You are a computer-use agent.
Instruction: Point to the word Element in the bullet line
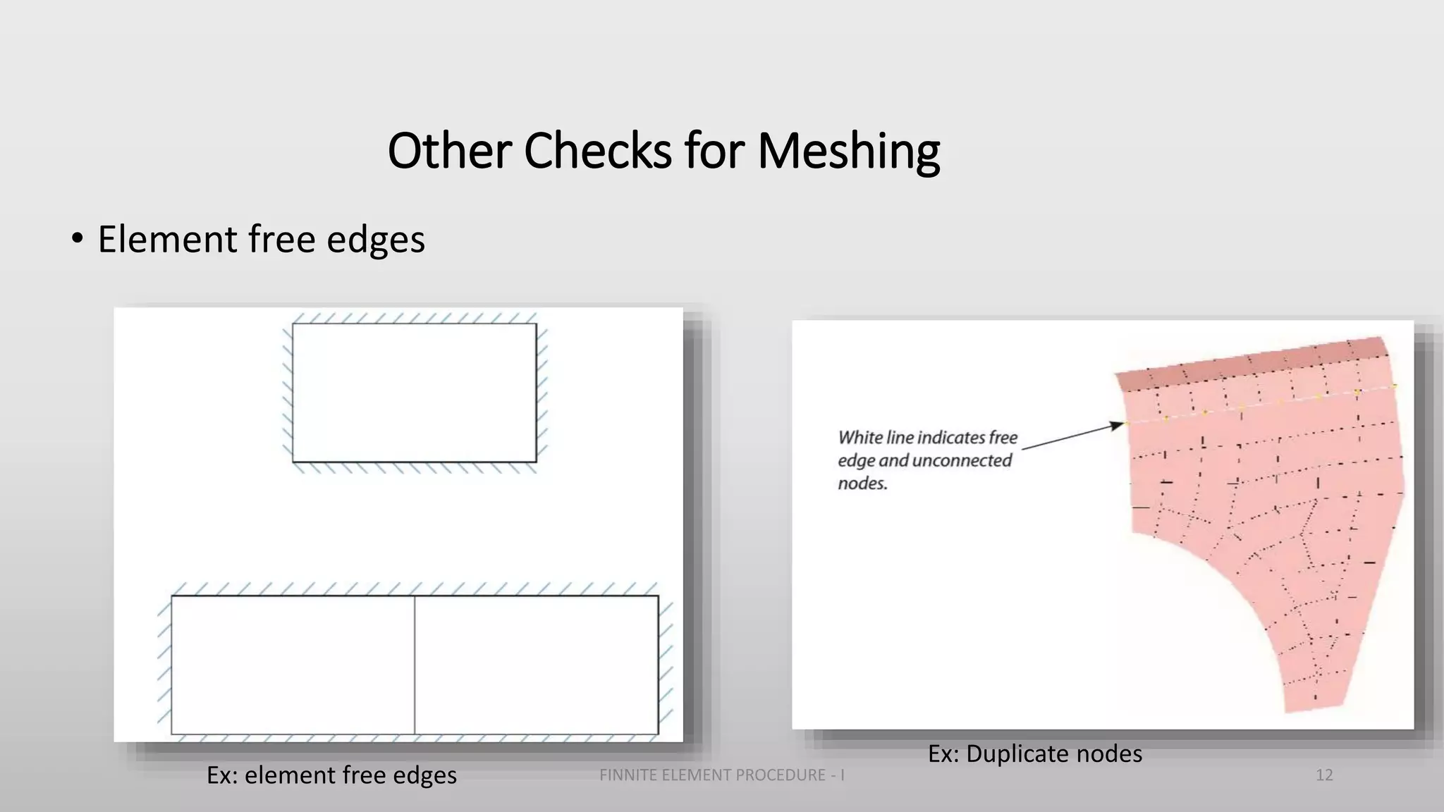point(167,239)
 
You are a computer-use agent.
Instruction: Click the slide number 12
point(1324,775)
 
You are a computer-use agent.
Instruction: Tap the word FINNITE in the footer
point(625,775)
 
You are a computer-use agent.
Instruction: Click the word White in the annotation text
point(859,438)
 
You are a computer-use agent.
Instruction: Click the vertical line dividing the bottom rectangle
point(415,665)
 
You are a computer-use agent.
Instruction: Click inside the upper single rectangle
point(415,393)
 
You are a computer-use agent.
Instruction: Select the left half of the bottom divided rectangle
point(293,665)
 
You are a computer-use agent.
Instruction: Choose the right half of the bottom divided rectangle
point(537,665)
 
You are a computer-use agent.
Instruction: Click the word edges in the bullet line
point(376,239)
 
